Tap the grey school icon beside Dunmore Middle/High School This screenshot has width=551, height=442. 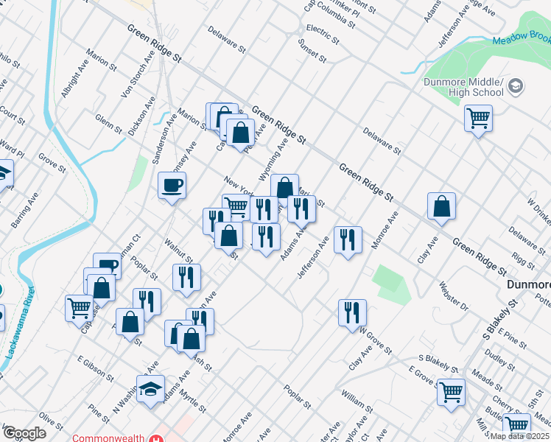(516, 86)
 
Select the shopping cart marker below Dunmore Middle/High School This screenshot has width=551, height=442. (478, 117)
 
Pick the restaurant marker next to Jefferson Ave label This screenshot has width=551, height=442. (348, 239)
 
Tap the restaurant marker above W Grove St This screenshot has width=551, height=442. (352, 312)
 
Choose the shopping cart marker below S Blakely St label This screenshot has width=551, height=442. (451, 390)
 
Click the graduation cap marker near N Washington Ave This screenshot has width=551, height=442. (151, 388)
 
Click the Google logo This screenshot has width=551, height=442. (24, 432)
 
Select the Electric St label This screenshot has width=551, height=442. (322, 33)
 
